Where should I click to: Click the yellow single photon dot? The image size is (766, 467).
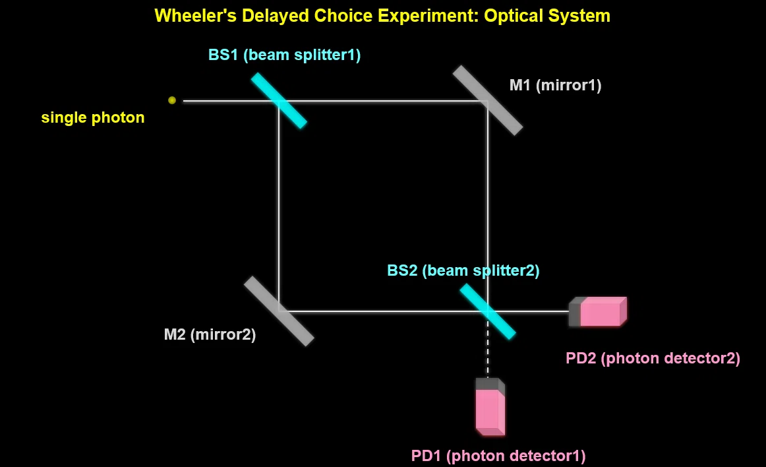click(x=172, y=100)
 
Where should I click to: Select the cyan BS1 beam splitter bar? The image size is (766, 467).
click(x=279, y=101)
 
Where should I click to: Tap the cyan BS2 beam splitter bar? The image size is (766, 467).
click(x=488, y=311)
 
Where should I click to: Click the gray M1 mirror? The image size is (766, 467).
click(x=488, y=100)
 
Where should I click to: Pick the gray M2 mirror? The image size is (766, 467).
click(x=279, y=311)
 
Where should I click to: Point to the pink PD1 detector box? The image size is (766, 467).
click(x=490, y=406)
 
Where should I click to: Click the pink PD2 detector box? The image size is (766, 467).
click(x=598, y=311)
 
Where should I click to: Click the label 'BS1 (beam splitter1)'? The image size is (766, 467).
click(x=284, y=55)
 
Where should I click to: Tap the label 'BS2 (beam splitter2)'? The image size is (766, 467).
click(x=463, y=270)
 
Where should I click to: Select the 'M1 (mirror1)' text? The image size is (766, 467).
click(x=556, y=85)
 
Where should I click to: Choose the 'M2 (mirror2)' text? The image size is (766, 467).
click(x=210, y=334)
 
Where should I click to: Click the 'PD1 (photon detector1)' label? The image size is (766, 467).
click(x=498, y=456)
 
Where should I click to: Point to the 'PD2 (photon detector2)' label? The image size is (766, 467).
click(x=653, y=358)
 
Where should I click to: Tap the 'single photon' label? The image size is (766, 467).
click(x=93, y=117)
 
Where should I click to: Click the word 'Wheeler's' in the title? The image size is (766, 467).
click(x=195, y=16)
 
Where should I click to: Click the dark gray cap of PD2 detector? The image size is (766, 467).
click(x=575, y=312)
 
